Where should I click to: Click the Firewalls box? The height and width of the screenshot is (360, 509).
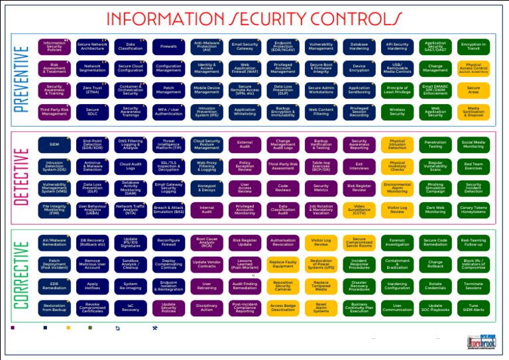click(x=168, y=47)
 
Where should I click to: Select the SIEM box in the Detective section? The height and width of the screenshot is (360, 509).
click(x=54, y=143)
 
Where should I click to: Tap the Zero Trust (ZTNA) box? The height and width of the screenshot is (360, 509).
click(x=92, y=89)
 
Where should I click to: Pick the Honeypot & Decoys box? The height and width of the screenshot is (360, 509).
click(x=207, y=188)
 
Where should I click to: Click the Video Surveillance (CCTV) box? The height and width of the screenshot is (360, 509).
click(x=359, y=210)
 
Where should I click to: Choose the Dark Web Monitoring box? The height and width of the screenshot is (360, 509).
click(x=435, y=210)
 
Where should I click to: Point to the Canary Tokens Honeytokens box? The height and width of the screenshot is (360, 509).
click(x=473, y=210)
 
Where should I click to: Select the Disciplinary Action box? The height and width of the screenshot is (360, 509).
click(x=207, y=308)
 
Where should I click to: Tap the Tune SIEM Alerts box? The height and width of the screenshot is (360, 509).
click(x=473, y=308)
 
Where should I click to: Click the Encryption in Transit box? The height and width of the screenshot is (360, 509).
click(x=473, y=47)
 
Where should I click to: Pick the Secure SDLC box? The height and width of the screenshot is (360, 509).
click(x=92, y=111)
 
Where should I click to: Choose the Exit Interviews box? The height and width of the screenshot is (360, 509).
click(x=359, y=165)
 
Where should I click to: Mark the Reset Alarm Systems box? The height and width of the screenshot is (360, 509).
click(x=321, y=308)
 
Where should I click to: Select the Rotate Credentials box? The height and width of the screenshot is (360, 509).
click(x=435, y=286)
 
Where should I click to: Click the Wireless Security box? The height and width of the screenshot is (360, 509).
click(x=397, y=111)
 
